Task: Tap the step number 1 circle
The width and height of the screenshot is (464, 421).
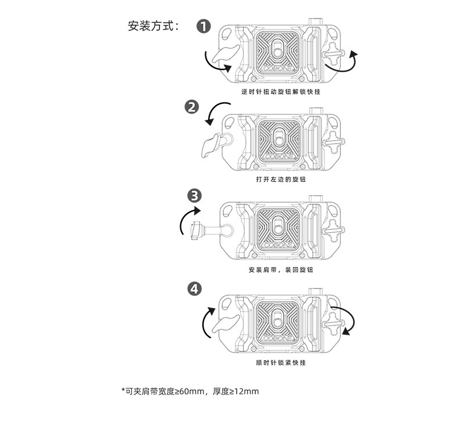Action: pos(204,26)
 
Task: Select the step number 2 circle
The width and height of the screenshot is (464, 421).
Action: pos(191,107)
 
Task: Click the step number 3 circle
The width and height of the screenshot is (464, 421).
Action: pos(195,195)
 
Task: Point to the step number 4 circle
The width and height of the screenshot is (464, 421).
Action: pos(195,288)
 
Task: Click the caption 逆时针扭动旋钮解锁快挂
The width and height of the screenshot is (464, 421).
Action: pos(281,92)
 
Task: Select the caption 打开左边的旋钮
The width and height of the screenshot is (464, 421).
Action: pos(281,179)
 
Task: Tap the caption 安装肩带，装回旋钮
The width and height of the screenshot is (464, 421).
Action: pos(281,270)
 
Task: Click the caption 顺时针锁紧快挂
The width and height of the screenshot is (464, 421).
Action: pos(281,363)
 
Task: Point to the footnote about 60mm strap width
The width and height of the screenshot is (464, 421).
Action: pos(190,391)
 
